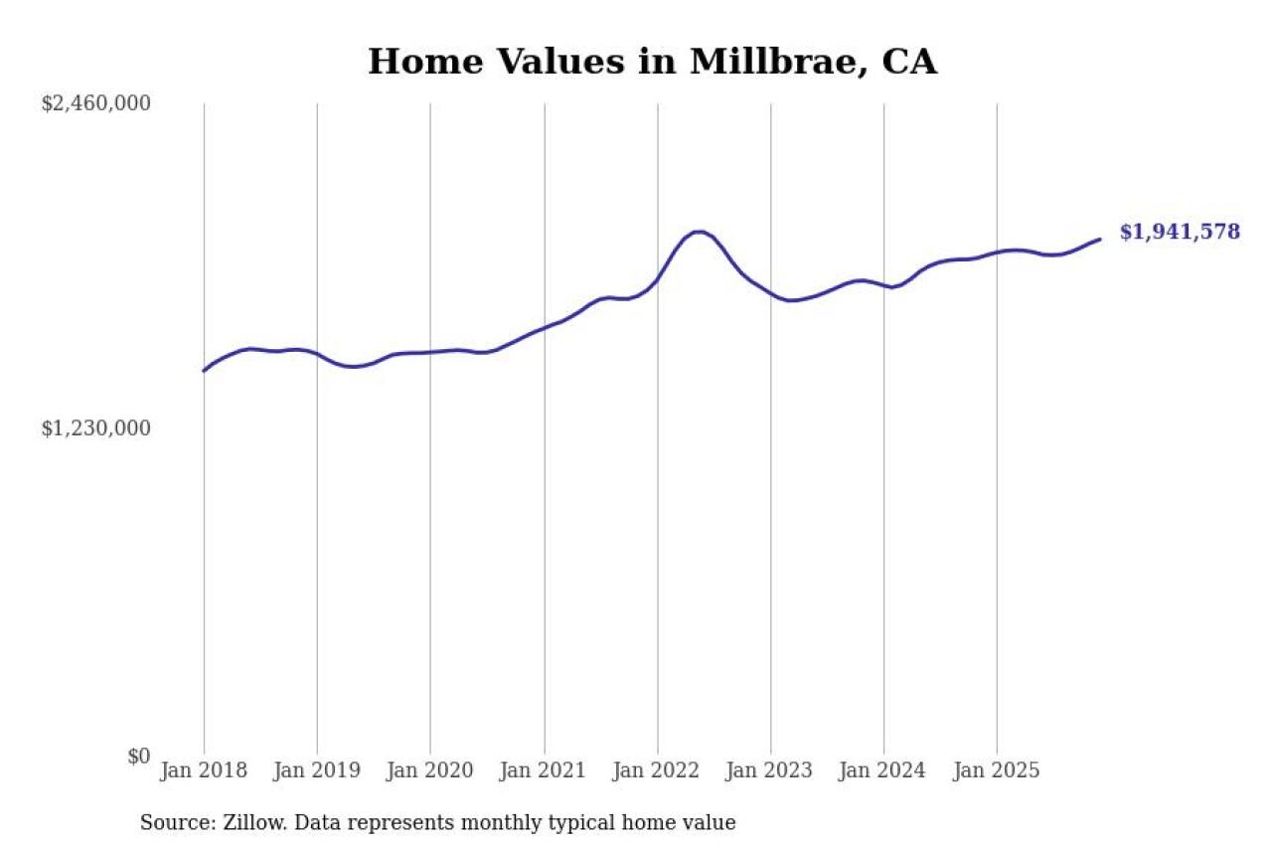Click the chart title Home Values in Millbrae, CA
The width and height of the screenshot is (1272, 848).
pos(652,62)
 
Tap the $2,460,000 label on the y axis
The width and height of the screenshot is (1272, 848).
pos(95,103)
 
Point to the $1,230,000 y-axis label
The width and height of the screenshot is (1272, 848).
pos(95,428)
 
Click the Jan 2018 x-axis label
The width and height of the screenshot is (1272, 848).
pos(204,770)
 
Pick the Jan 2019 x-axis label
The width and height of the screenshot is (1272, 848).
pos(317,770)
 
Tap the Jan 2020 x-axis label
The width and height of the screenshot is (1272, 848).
pos(430,770)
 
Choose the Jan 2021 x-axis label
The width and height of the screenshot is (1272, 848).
pos(544,770)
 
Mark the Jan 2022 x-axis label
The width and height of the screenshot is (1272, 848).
pos(657,770)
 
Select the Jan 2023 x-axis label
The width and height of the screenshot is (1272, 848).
pos(770,770)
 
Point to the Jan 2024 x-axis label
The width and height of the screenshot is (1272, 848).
pos(883,770)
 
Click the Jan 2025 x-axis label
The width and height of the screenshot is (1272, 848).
pos(997,770)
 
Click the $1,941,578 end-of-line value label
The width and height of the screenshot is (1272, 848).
pos(1180,233)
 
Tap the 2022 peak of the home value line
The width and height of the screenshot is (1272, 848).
pos(700,232)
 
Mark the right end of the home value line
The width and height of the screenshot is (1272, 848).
pos(1100,240)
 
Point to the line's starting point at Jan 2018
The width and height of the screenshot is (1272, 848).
pos(204,371)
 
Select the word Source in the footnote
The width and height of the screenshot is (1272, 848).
pos(170,823)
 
